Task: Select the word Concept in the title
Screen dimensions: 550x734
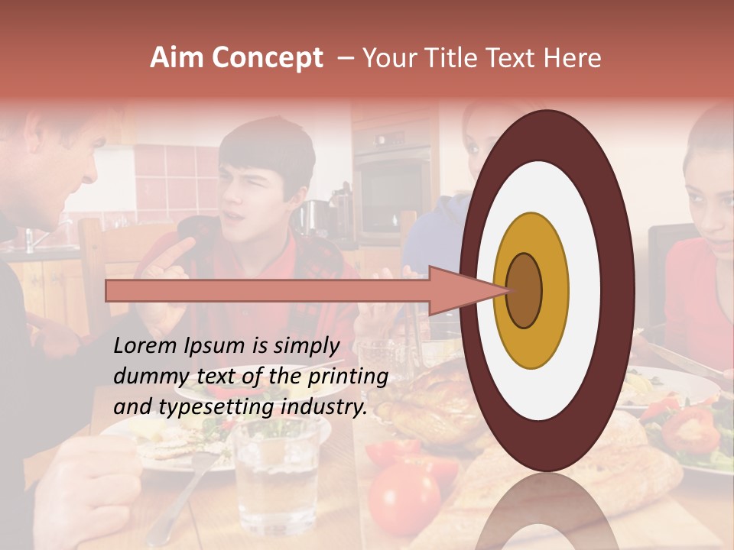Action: click(x=267, y=59)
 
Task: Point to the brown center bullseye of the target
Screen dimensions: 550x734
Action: click(x=524, y=290)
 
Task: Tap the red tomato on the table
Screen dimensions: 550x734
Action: click(x=404, y=497)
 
